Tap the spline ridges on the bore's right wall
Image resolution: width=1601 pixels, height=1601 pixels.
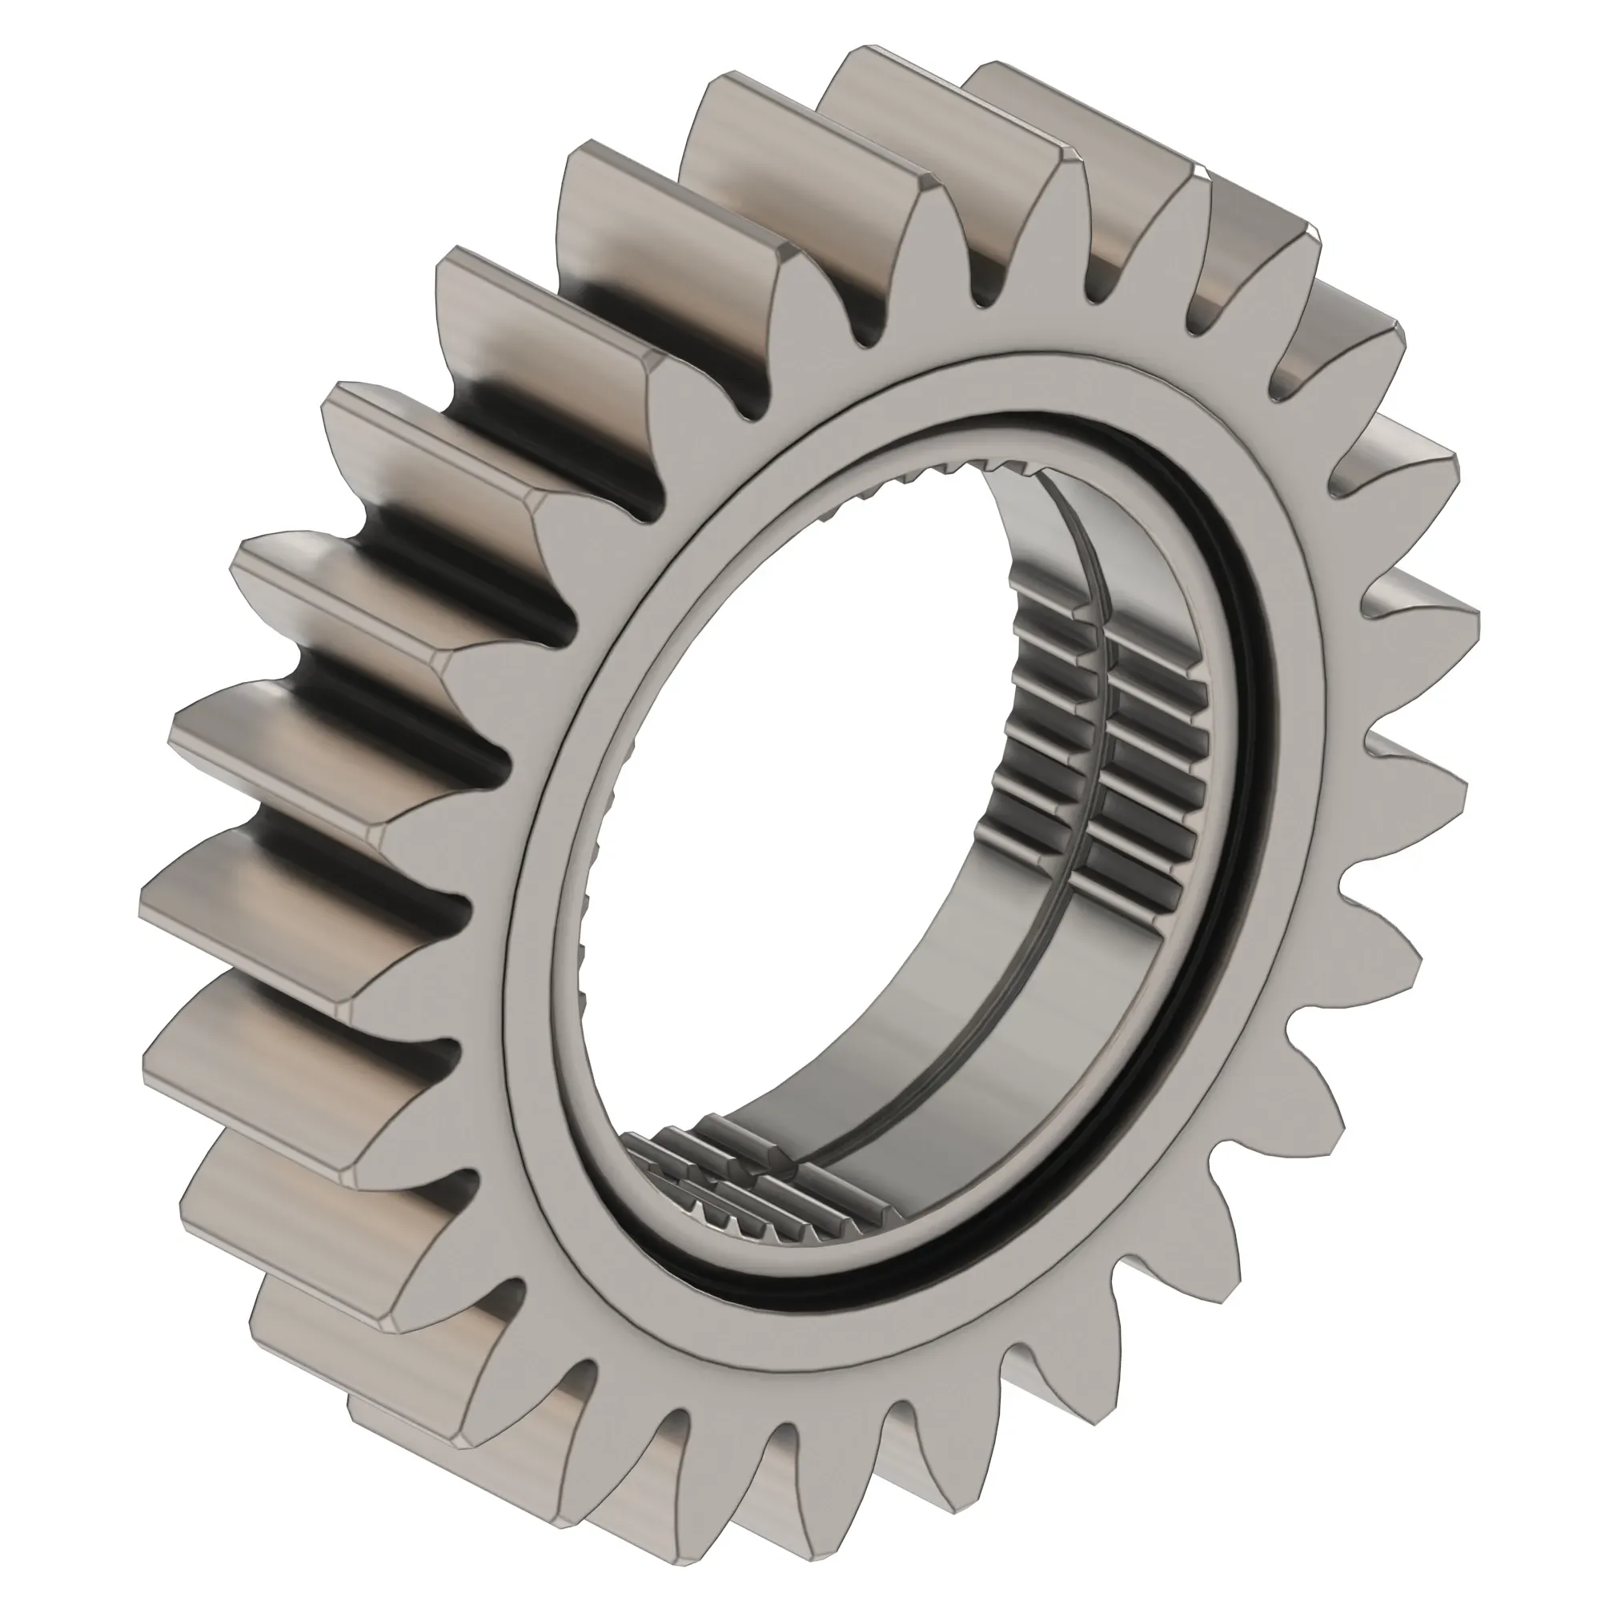tap(1102, 746)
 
